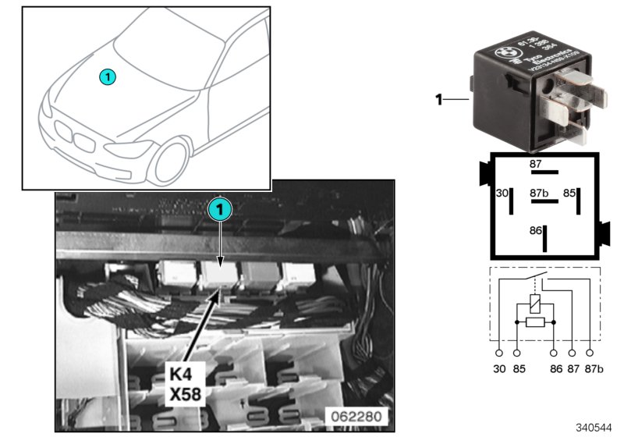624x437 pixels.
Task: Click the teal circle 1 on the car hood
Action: pos(108,76)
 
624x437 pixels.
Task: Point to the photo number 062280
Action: pos(356,416)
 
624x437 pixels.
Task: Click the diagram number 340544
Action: pos(595,428)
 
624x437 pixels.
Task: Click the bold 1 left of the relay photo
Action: pos(439,99)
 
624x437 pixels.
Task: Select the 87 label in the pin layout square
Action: pos(535,165)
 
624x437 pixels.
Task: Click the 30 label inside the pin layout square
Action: pos(502,192)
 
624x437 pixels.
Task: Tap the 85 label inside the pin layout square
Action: pos(570,192)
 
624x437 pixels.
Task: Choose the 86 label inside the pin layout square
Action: pos(535,231)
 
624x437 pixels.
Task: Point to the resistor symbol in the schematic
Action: pos(535,322)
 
